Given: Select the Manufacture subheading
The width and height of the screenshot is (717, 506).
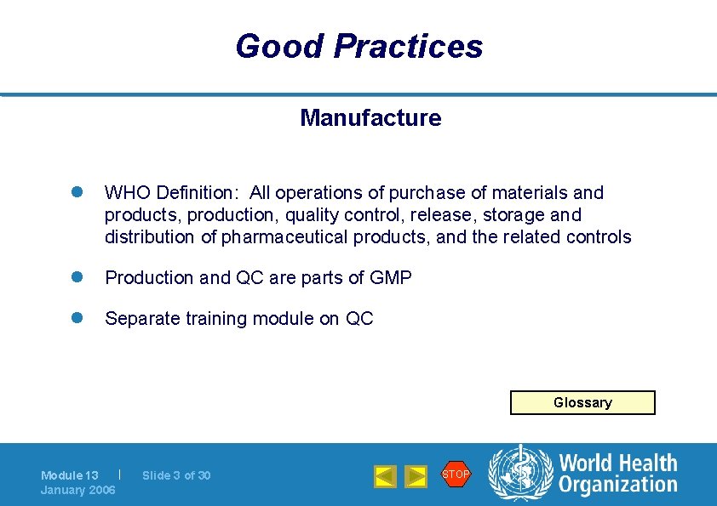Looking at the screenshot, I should (x=370, y=118).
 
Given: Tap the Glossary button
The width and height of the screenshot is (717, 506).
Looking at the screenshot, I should (x=582, y=402).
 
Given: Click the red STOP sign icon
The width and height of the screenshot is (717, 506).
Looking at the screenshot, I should (x=456, y=474).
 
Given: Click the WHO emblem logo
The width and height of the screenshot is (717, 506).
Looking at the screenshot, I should (x=519, y=475).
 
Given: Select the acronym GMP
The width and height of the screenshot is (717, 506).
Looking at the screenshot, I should (x=391, y=278).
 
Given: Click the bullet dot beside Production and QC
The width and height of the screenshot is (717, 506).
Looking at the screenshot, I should (x=75, y=277).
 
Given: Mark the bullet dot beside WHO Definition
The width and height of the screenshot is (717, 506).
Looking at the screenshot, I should (x=75, y=193).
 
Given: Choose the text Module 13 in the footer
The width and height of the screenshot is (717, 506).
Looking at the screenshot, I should (x=70, y=475).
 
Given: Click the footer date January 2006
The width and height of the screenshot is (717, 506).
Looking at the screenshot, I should (x=78, y=490).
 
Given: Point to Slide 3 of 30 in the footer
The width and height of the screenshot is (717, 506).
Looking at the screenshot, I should (x=176, y=475).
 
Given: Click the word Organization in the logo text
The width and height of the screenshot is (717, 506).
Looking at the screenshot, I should (x=618, y=486).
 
